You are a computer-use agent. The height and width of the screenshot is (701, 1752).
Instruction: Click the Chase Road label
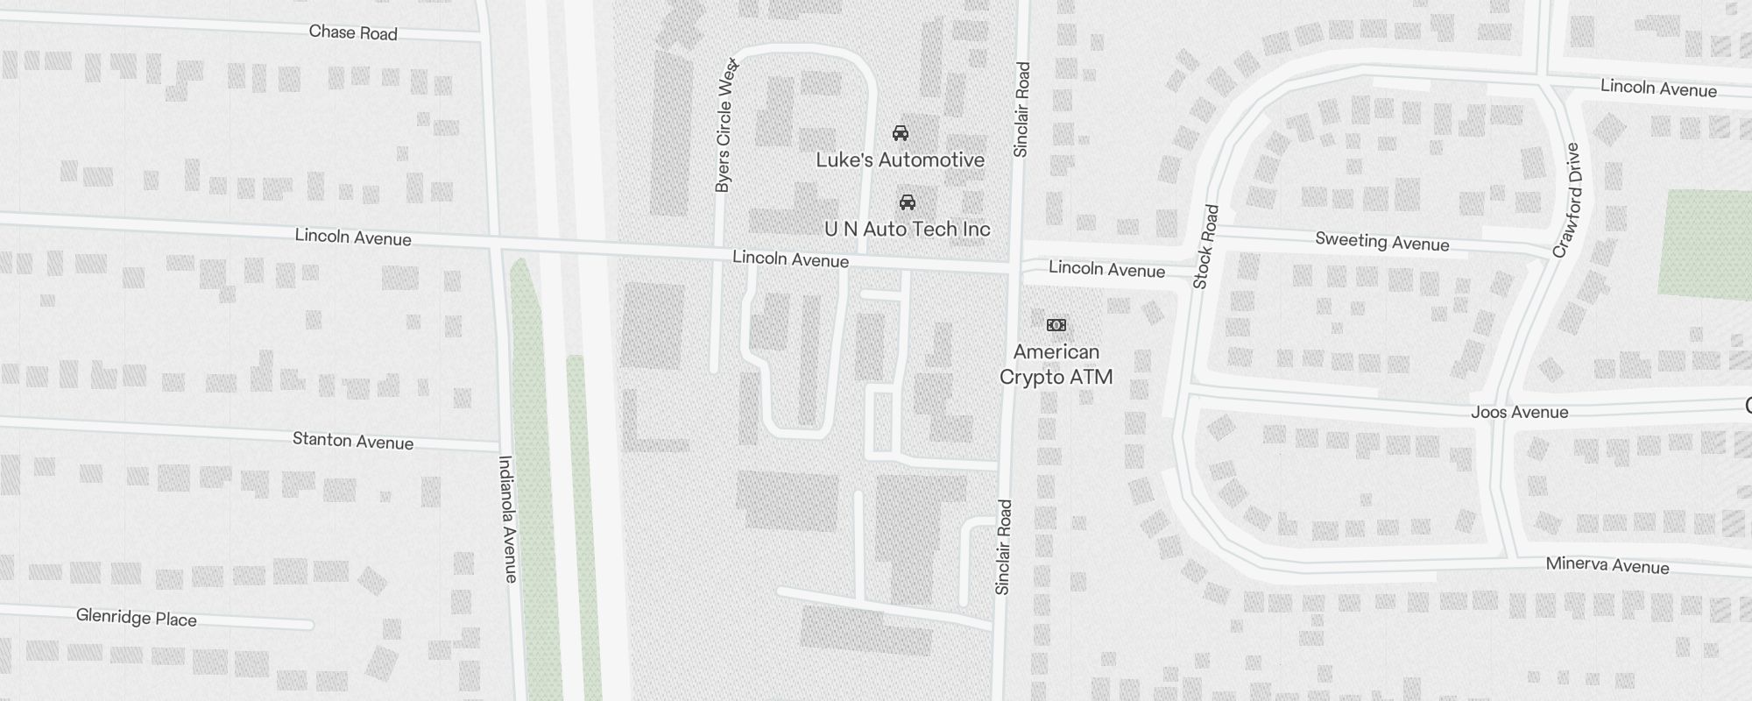(353, 32)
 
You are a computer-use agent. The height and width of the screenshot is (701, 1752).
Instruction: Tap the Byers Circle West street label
(724, 125)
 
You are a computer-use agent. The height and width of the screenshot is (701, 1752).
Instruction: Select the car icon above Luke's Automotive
(900, 133)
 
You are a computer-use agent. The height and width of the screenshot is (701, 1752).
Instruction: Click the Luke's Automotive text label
(900, 159)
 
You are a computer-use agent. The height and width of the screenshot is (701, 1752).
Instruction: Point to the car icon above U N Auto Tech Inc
(908, 202)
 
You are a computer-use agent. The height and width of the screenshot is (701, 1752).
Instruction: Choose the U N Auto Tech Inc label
(908, 229)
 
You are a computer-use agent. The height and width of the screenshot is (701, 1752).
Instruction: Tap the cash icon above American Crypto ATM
(1056, 325)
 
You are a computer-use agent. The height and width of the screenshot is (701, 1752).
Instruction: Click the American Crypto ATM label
(1056, 365)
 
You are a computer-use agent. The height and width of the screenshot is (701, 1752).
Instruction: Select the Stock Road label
(1205, 247)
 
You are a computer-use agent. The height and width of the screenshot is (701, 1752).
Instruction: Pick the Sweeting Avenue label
(1381, 242)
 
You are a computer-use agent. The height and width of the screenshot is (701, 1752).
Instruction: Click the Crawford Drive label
(1567, 201)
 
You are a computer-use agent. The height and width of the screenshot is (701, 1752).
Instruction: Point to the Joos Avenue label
(1519, 412)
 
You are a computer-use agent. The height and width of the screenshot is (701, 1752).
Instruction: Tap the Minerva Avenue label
(1607, 565)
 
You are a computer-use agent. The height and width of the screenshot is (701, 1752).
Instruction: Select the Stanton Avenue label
(352, 440)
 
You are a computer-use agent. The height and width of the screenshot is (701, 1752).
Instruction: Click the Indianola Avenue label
(508, 519)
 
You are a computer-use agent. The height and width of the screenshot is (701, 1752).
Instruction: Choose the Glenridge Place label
(136, 618)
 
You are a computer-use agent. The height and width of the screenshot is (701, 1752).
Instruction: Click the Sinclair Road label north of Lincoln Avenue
(1021, 110)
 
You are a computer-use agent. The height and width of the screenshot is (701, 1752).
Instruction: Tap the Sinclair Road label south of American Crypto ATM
(1004, 548)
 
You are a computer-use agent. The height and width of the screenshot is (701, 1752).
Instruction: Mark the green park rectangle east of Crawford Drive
(1704, 244)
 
